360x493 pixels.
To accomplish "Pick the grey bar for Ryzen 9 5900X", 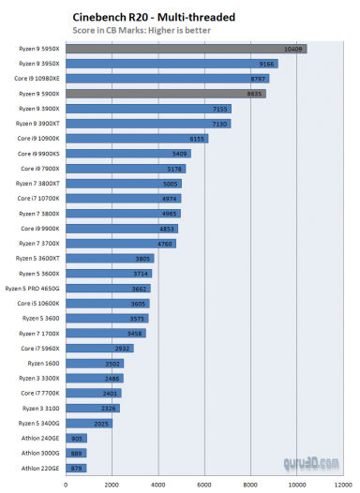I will [x=165, y=94].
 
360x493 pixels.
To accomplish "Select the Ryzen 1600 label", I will [x=44, y=364].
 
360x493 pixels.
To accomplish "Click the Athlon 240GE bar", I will [x=75, y=439].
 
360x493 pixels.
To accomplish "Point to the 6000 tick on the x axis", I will [x=204, y=485].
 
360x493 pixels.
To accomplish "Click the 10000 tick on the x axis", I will [x=296, y=485].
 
